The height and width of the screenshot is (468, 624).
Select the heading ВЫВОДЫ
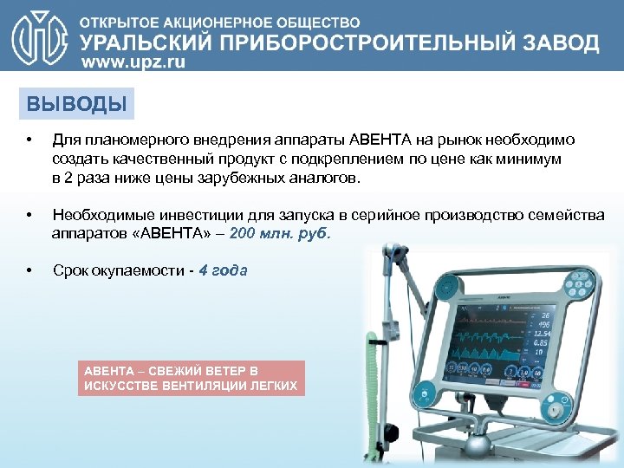(x=76, y=105)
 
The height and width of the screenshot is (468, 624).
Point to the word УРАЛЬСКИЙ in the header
(x=140, y=42)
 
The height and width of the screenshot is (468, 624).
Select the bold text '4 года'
(x=223, y=270)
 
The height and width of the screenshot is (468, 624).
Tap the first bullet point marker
(x=29, y=140)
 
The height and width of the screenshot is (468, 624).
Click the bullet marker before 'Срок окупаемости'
(x=29, y=271)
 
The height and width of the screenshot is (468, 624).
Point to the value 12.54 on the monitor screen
(x=543, y=333)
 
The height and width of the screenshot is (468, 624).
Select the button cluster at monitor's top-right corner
(x=582, y=283)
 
